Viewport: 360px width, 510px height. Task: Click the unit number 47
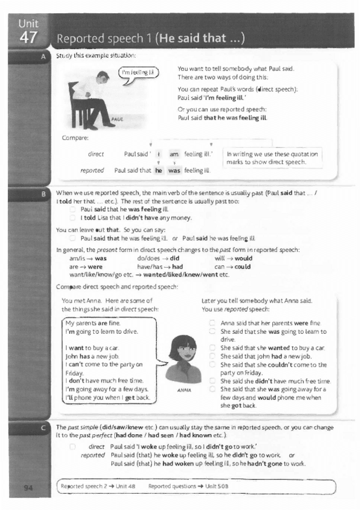28,37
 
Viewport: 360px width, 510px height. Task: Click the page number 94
28,487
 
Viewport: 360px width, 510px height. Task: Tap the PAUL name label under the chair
117,120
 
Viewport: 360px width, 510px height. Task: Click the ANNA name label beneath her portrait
185,390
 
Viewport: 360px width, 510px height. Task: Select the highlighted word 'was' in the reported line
174,170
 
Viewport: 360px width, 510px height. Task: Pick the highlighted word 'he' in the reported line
159,170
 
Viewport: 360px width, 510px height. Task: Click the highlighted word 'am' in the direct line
174,154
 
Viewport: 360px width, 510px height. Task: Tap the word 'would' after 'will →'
243,258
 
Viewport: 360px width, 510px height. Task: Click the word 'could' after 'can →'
242,266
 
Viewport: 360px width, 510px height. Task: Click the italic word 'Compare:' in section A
75,138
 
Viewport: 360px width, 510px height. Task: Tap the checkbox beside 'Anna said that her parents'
212,323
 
